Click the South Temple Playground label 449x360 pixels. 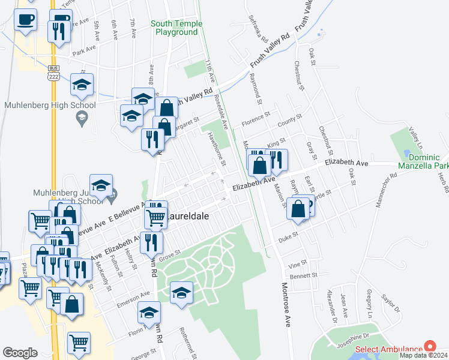pos(176,28)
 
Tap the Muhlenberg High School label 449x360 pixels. pos(50,106)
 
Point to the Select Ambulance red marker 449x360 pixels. pos(429,346)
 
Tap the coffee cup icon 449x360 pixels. pos(25,20)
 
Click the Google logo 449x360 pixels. pos(20,353)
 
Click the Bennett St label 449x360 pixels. pos(303,275)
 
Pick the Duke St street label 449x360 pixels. pos(288,237)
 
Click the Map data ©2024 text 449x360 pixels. pos(424,355)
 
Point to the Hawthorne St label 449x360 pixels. pos(216,149)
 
